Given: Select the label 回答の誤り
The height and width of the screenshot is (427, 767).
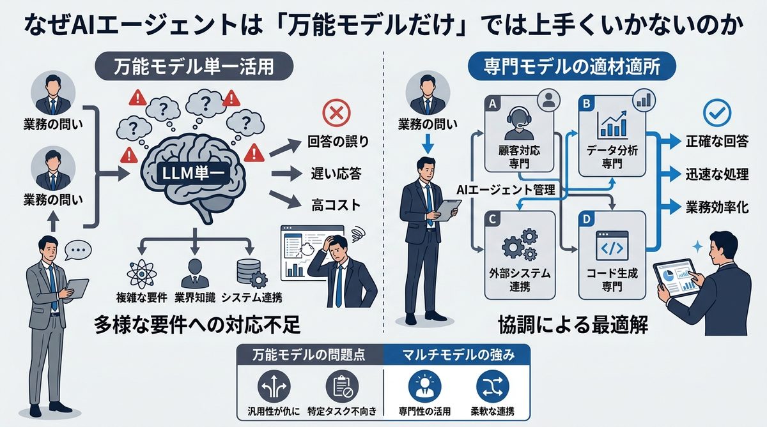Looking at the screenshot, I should click(x=338, y=142).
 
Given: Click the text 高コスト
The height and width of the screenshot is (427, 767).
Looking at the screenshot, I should click(x=334, y=206).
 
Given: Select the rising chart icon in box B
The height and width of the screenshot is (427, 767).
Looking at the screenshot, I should click(x=612, y=124).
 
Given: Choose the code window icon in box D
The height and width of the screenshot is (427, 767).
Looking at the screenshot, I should click(x=612, y=246).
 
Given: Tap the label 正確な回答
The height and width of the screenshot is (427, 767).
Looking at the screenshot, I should click(x=717, y=142).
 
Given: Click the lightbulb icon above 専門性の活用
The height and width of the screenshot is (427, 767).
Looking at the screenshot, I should click(x=422, y=387).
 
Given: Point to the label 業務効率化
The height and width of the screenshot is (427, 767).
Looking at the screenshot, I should click(x=717, y=207).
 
